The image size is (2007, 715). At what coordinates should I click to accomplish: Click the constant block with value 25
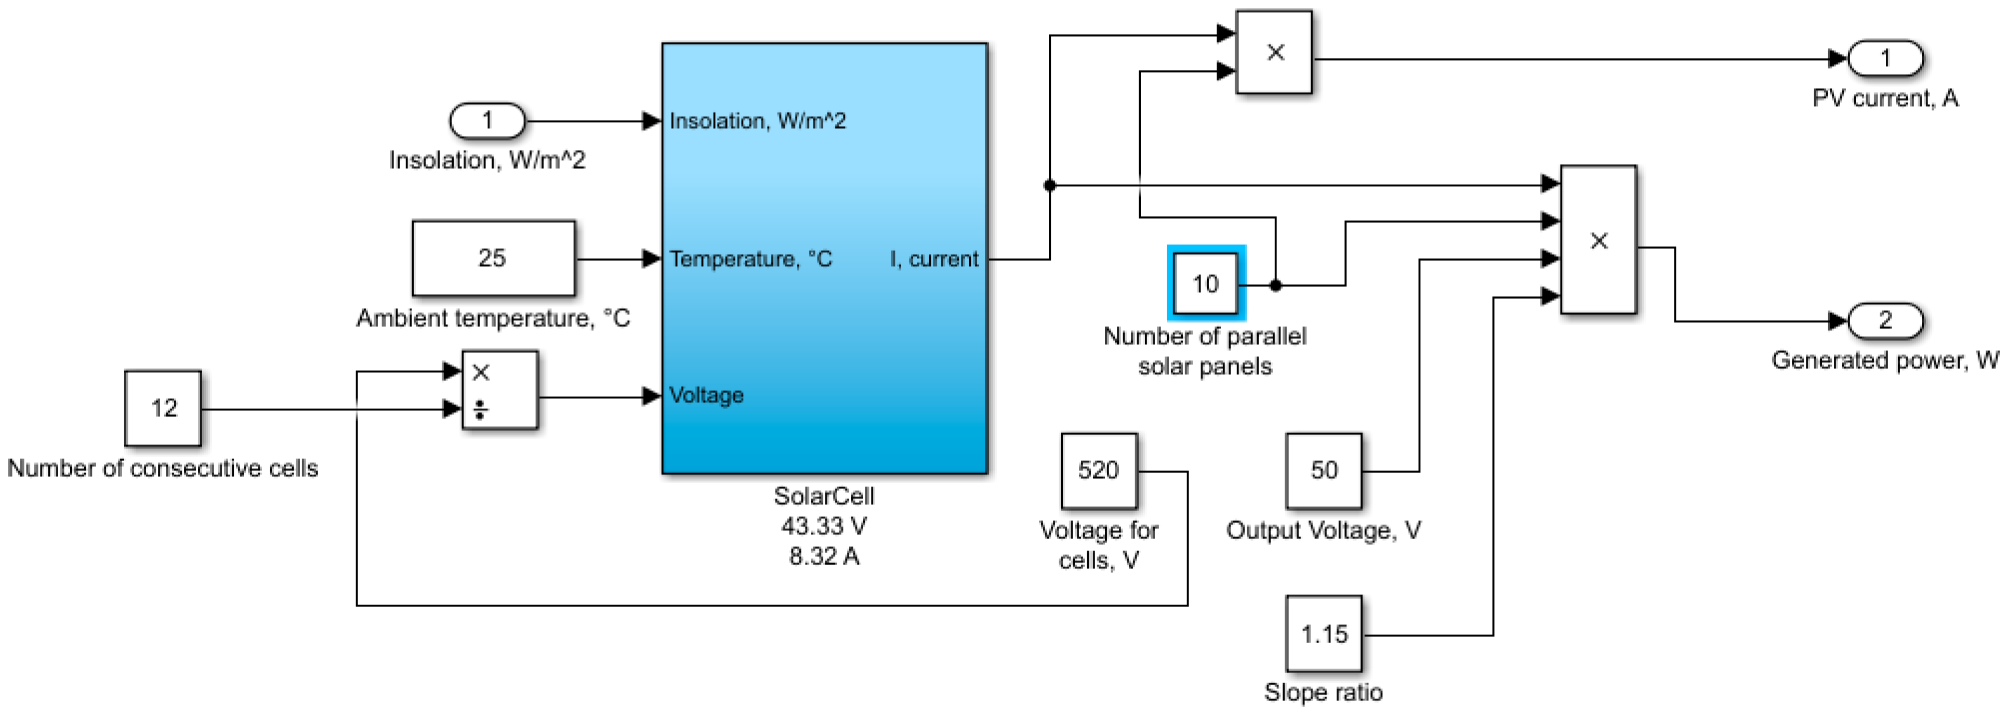[x=493, y=258]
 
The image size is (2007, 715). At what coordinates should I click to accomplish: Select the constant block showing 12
[x=163, y=408]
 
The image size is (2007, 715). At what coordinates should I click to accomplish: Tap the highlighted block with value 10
[x=1205, y=283]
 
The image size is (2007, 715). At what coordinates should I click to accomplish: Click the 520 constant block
[x=1099, y=471]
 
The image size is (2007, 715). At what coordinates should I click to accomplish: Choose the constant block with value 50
[x=1324, y=471]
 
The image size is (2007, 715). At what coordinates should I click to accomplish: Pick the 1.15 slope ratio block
[x=1324, y=634]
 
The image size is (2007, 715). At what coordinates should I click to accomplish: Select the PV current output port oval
[x=1885, y=58]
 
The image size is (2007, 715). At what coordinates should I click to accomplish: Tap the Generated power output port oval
[x=1885, y=320]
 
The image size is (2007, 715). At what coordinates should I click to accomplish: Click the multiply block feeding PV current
[x=1274, y=52]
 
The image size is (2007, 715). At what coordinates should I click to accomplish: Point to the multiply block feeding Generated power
[x=1598, y=239]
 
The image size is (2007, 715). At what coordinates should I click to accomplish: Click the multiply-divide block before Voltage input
[x=499, y=390]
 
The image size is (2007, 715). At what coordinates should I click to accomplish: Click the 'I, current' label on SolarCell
[x=934, y=259]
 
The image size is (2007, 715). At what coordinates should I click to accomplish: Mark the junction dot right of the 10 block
[x=1276, y=285]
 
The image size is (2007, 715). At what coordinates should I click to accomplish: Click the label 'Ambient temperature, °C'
[x=493, y=318]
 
